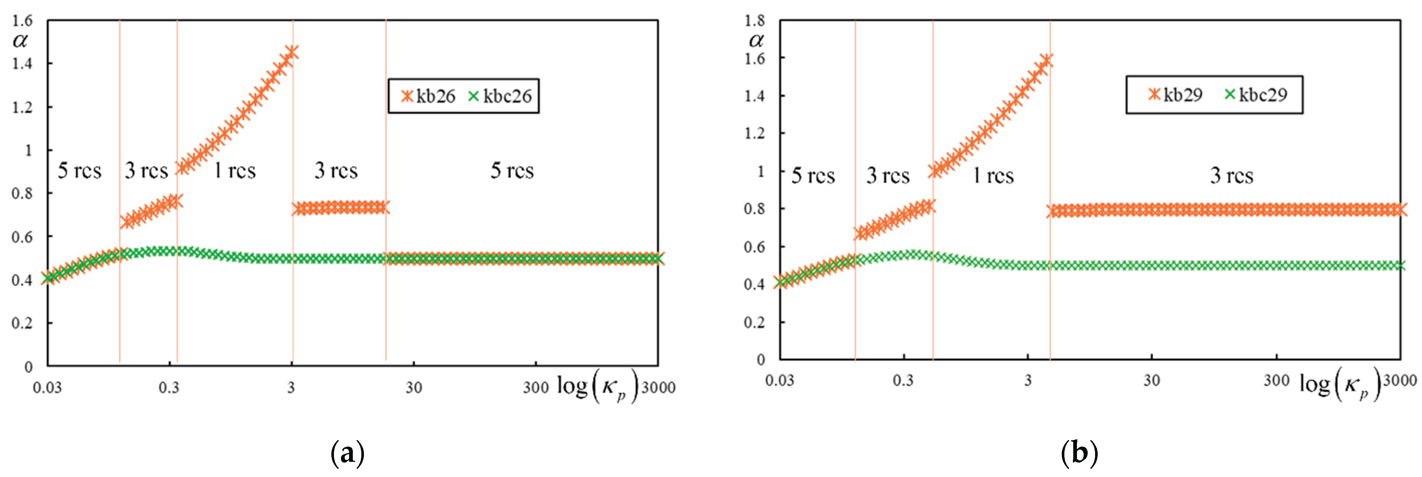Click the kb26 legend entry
click(x=428, y=96)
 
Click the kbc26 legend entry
click(x=500, y=96)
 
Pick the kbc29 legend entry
click(x=1256, y=94)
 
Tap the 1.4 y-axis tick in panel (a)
click(x=22, y=64)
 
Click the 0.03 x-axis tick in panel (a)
click(x=47, y=387)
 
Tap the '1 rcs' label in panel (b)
click(x=993, y=176)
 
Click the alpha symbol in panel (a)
click(x=20, y=41)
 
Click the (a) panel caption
click(x=347, y=453)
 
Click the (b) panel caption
click(x=1079, y=453)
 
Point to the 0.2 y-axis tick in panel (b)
click(x=754, y=322)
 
